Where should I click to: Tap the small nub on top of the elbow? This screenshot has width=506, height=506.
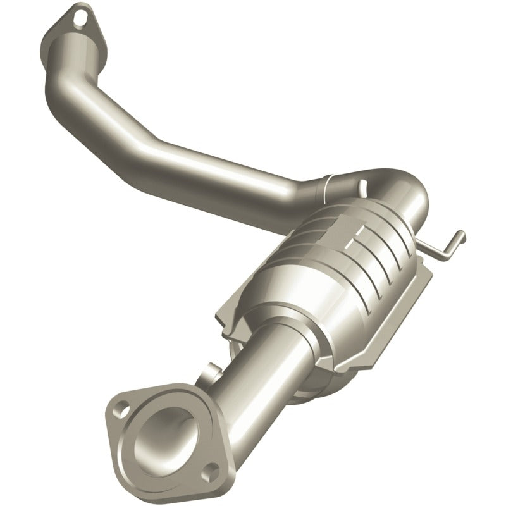click(x=364, y=184)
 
